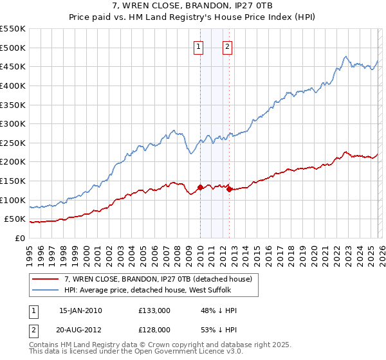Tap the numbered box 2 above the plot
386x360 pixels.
[228, 46]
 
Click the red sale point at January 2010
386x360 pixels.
[200, 187]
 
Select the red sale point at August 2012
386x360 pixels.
[230, 189]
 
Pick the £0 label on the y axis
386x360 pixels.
[21, 238]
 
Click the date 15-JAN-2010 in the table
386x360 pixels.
[80, 310]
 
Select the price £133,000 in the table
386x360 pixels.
[154, 310]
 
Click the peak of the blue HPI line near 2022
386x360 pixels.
[346, 57]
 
